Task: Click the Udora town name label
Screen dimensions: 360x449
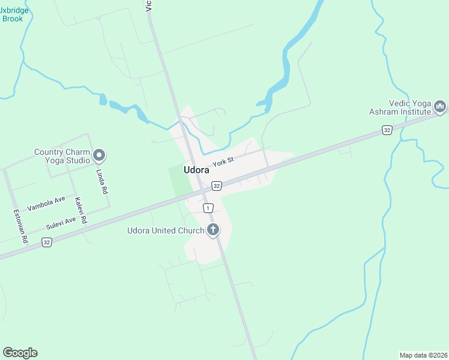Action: [196, 170]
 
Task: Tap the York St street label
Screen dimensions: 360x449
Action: [221, 161]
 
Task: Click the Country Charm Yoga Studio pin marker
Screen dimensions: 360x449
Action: [100, 156]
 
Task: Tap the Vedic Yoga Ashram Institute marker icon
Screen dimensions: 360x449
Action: [440, 107]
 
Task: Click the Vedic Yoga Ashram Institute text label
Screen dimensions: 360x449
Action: [400, 107]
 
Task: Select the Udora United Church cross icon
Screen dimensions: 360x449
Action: [212, 230]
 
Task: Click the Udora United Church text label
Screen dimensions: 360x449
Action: [166, 230]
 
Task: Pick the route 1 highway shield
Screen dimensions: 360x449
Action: [208, 208]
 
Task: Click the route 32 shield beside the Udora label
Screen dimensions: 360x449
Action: [217, 186]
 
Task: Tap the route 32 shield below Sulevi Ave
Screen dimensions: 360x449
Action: [46, 242]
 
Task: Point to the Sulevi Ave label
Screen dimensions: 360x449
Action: [61, 224]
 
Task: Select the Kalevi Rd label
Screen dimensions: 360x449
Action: [80, 211]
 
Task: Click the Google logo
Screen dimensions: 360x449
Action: [20, 353]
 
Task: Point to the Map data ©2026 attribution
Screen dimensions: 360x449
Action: [423, 355]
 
